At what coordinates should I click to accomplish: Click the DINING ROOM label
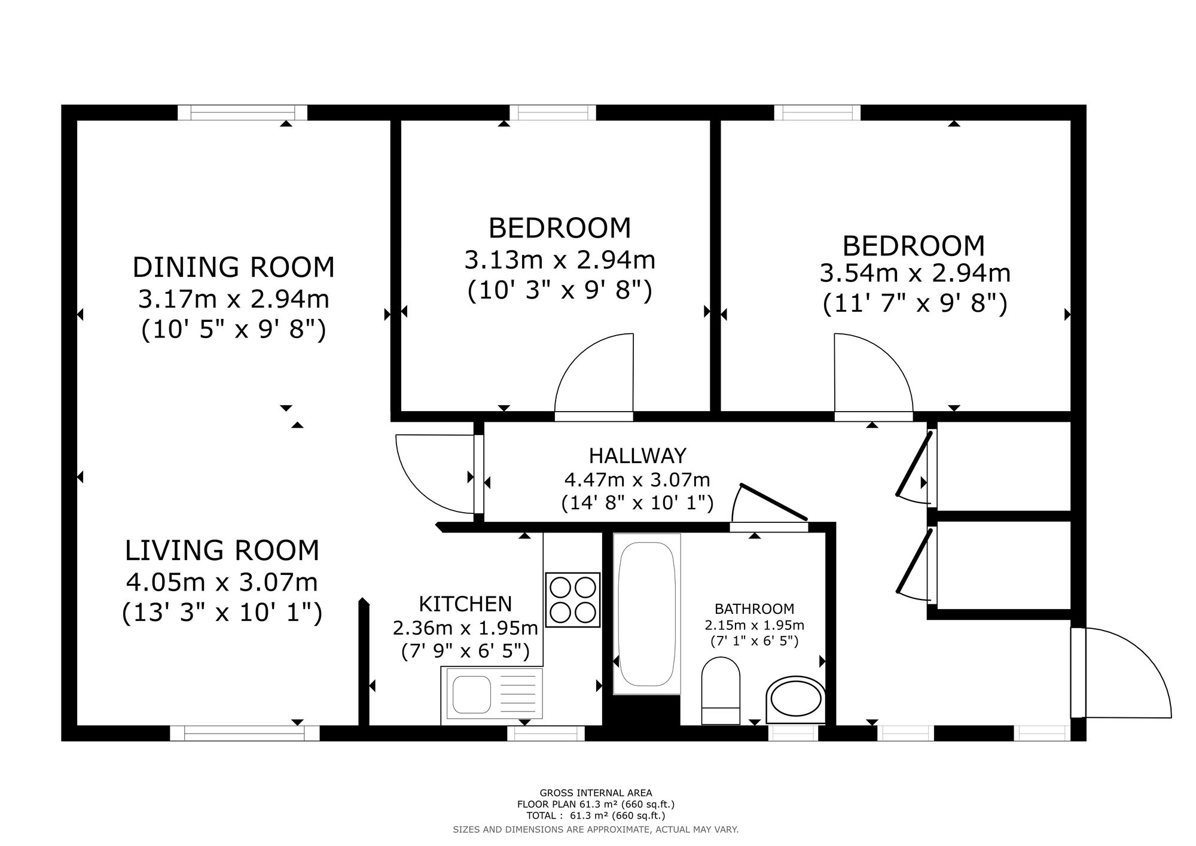click(x=233, y=267)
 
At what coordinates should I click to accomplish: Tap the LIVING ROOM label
click(x=222, y=550)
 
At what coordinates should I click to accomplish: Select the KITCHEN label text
click(x=465, y=604)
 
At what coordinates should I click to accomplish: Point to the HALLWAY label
click(x=637, y=456)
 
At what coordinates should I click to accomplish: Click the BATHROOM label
click(x=755, y=609)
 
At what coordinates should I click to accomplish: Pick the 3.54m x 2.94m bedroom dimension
click(x=915, y=273)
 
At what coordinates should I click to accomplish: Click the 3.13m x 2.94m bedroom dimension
click(x=560, y=260)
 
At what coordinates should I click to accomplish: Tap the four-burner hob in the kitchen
click(x=572, y=599)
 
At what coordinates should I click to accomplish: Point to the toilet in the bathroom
click(x=721, y=691)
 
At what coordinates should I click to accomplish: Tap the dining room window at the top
click(x=242, y=112)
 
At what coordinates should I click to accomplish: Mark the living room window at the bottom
click(x=245, y=733)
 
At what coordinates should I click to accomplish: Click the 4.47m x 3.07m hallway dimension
click(x=637, y=480)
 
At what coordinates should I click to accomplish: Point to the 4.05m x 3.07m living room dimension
click(x=222, y=582)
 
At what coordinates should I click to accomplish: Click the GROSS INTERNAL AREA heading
click(x=596, y=793)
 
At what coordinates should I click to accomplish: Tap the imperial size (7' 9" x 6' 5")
click(x=465, y=651)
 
